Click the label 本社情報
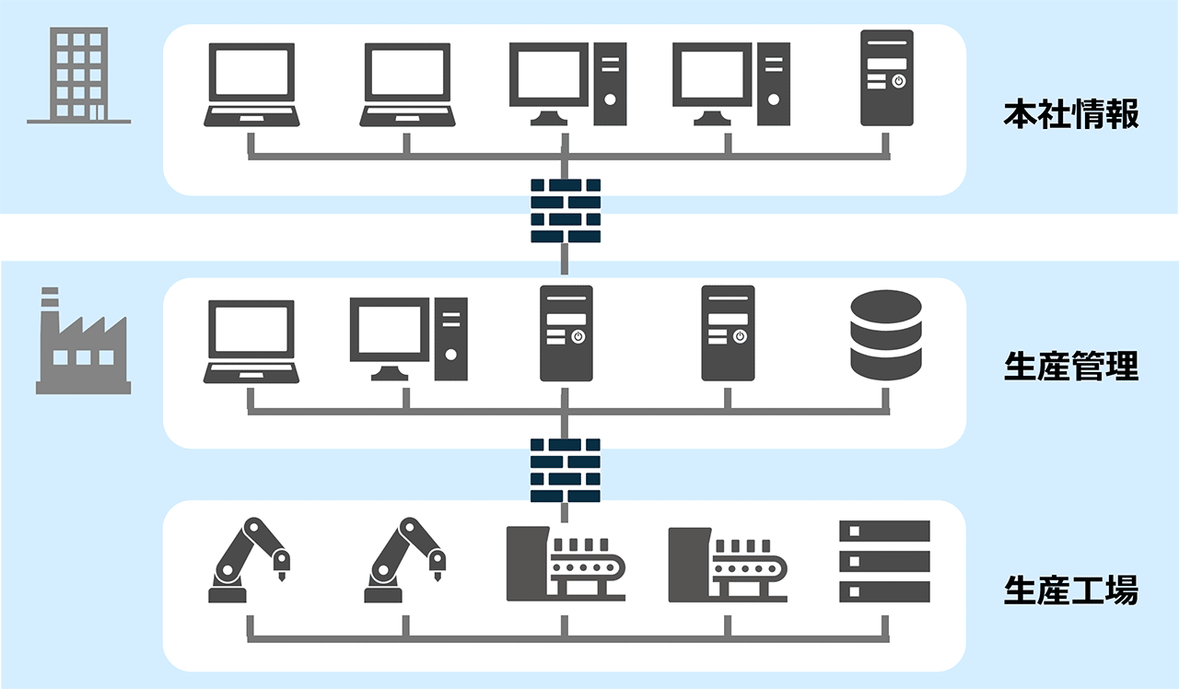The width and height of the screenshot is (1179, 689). [x=1071, y=117]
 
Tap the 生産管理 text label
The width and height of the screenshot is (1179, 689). [x=1071, y=367]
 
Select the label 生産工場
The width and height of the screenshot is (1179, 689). [x=1071, y=590]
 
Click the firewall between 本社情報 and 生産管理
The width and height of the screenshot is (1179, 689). [x=566, y=210]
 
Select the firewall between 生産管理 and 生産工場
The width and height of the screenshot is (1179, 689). [x=566, y=469]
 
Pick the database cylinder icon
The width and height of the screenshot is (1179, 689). [x=885, y=335]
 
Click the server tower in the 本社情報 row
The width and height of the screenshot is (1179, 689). [x=886, y=77]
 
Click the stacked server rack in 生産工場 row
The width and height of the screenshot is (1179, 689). [x=885, y=562]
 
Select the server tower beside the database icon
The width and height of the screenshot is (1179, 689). [x=728, y=333]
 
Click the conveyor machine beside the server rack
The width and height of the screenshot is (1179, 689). [x=728, y=564]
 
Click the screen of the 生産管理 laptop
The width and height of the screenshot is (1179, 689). [x=251, y=329]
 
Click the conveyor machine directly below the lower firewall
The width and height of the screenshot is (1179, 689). [x=566, y=564]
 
